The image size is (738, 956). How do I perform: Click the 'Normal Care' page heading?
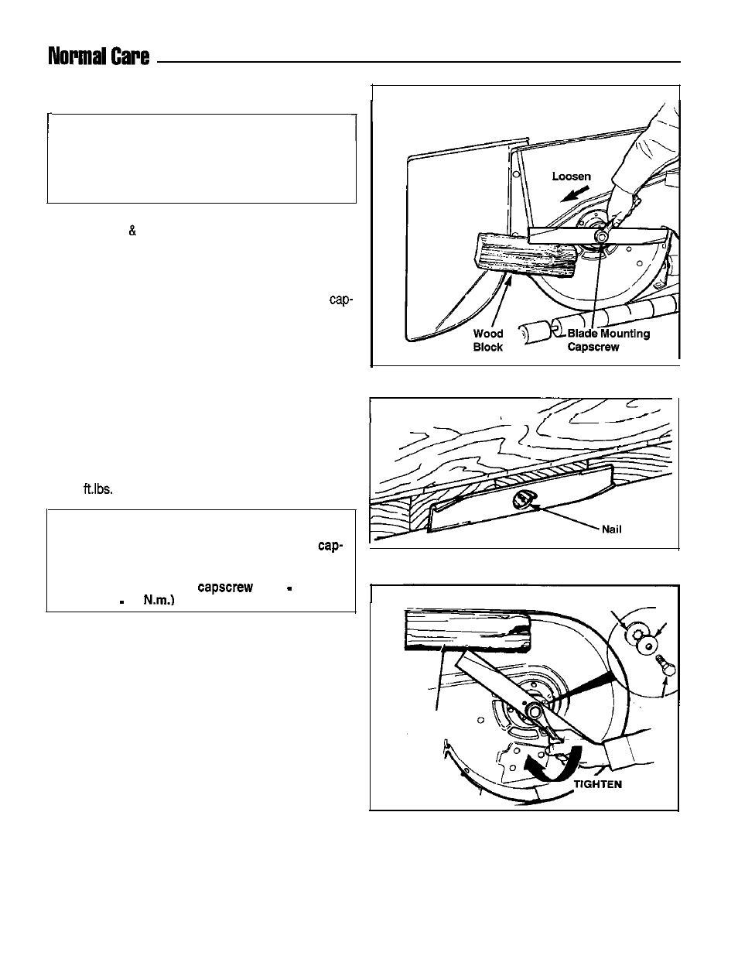tap(98, 57)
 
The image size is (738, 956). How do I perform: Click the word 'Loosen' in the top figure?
tap(571, 176)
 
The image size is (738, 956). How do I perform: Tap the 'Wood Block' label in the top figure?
tap(487, 341)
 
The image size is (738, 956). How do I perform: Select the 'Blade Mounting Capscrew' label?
tap(609, 341)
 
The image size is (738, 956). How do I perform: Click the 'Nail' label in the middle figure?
tap(611, 530)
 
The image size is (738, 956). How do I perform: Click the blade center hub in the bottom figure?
tap(534, 711)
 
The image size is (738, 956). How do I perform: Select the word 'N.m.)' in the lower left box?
tap(159, 601)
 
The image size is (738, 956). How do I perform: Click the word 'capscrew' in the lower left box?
tap(225, 588)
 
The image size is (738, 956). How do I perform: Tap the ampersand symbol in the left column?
tap(132, 231)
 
